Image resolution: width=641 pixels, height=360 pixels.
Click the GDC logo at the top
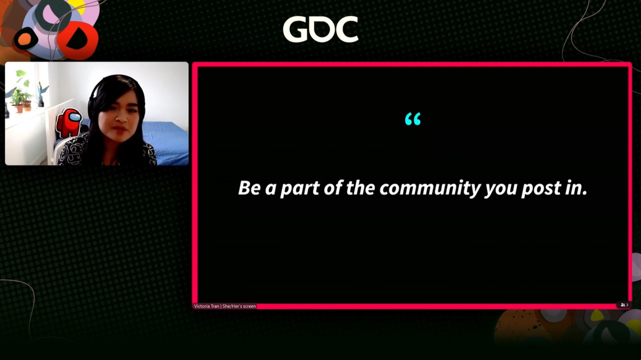320,29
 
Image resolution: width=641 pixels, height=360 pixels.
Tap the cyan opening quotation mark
413,119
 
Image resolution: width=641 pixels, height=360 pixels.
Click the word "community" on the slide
430,188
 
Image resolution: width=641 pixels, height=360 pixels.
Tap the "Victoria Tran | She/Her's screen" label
225,306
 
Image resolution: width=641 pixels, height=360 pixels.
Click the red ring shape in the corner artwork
78,40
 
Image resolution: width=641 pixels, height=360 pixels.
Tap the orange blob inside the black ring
24,39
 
